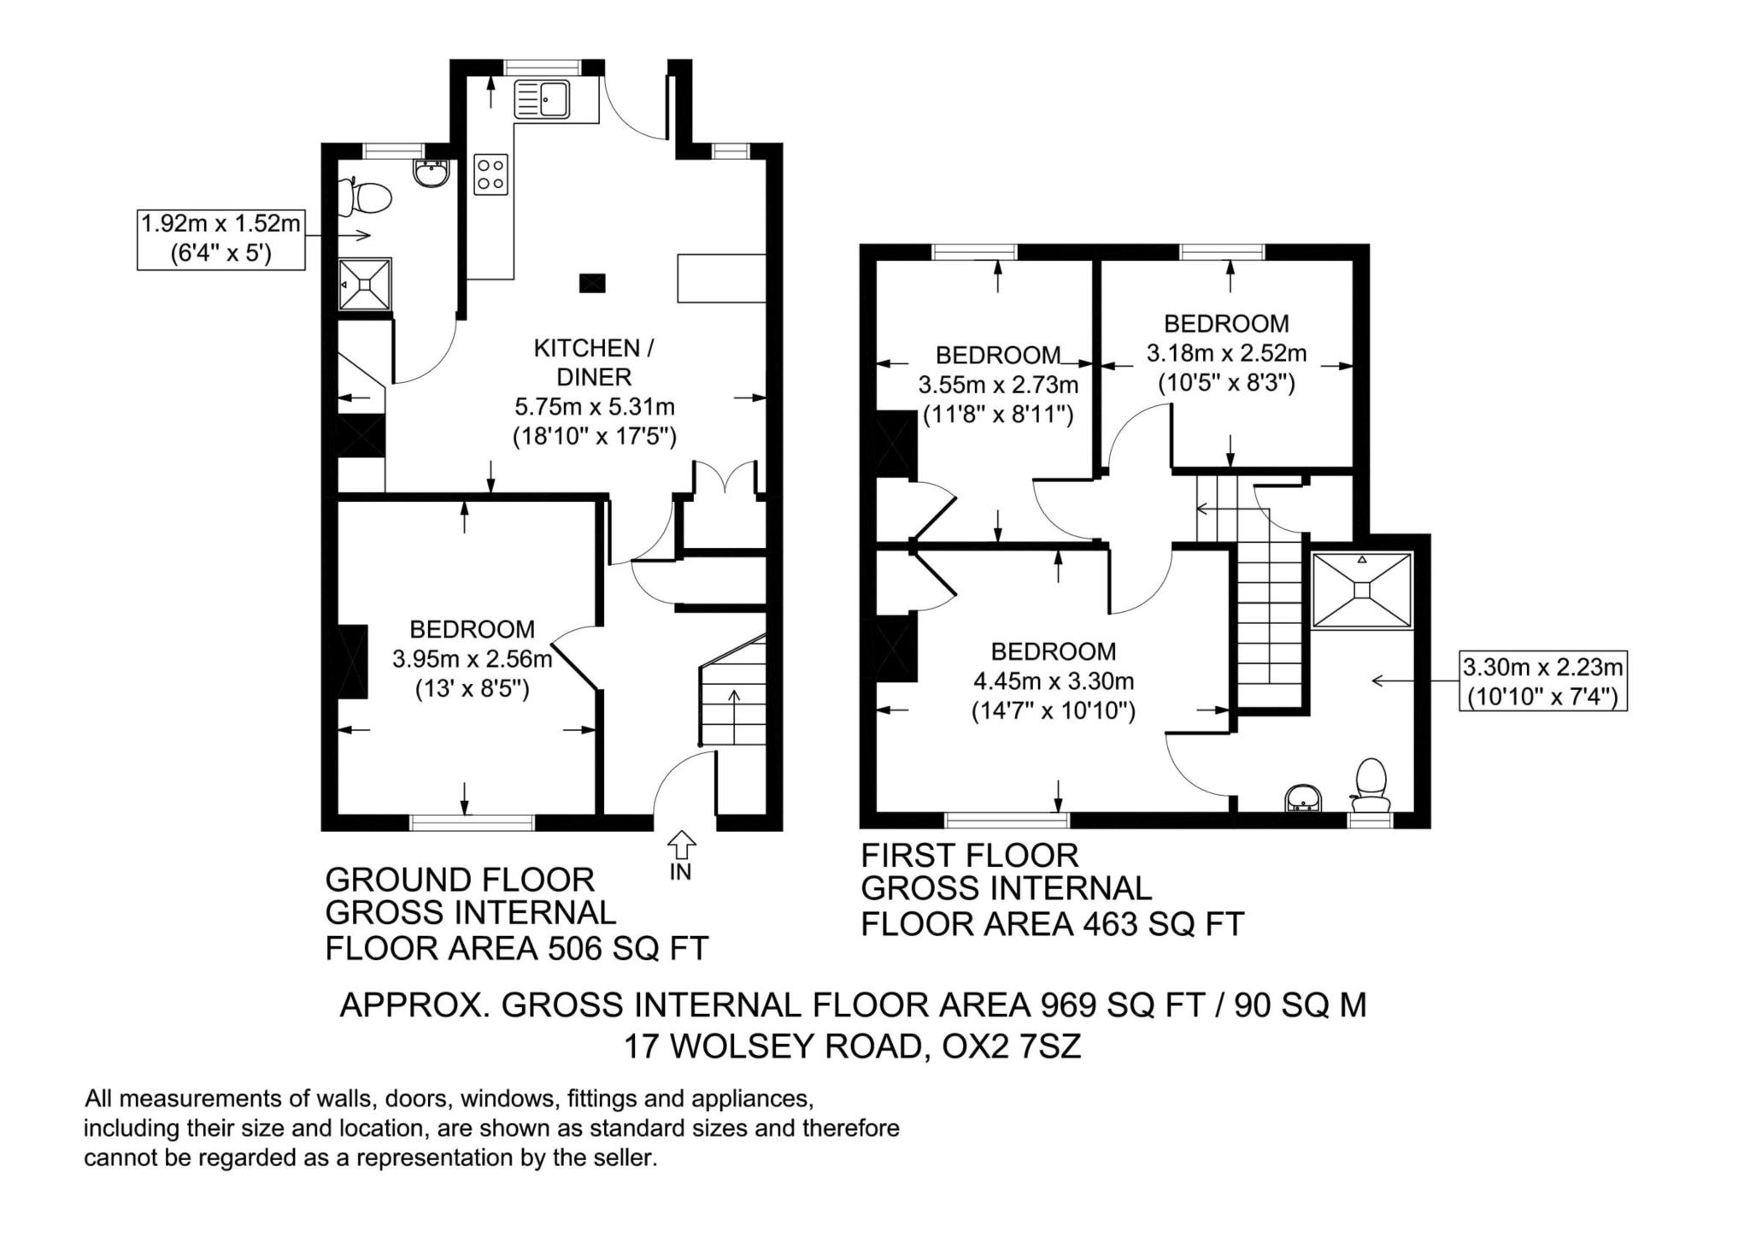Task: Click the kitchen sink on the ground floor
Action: tap(542, 99)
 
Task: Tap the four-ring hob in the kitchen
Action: tap(491, 174)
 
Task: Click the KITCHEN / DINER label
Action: tap(593, 362)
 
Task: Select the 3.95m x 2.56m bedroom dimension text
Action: tap(473, 659)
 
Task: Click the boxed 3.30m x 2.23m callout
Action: tap(1543, 681)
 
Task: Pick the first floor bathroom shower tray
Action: tap(1362, 590)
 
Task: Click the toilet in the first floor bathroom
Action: tap(1371, 784)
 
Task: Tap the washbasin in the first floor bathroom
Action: tap(1303, 798)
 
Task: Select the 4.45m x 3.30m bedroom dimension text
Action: tap(1054, 681)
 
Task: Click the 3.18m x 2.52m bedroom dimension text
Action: tap(1226, 353)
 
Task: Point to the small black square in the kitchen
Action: tap(592, 283)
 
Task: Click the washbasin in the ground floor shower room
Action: tap(431, 174)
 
